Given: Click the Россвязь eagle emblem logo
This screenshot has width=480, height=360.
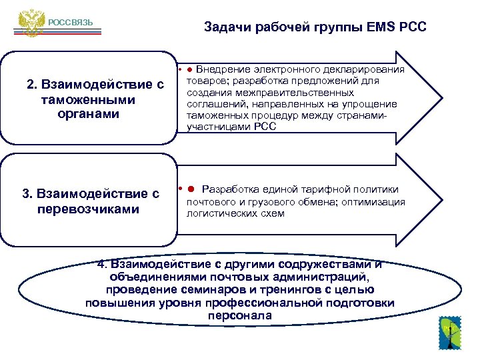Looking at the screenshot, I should pyautogui.click(x=30, y=23).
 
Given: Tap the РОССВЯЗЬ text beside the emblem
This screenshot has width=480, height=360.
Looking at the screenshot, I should pyautogui.click(x=70, y=24).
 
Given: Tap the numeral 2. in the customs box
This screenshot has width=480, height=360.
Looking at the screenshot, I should pyautogui.click(x=31, y=85).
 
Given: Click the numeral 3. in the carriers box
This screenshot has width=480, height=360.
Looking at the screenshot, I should pyautogui.click(x=27, y=194).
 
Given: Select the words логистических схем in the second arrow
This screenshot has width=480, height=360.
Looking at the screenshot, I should pyautogui.click(x=235, y=213).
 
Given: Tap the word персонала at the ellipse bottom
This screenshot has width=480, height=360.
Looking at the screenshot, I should pyautogui.click(x=239, y=315).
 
